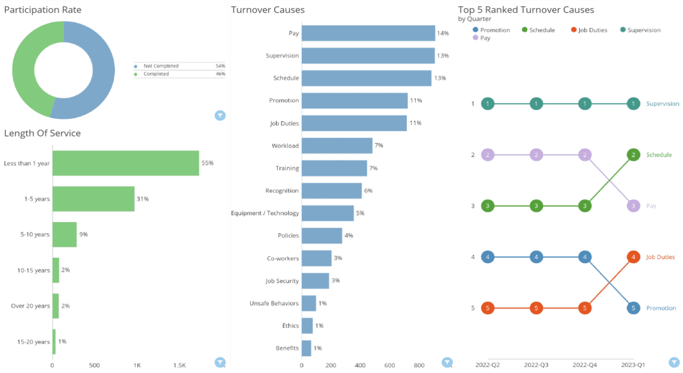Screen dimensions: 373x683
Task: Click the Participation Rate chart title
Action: click(43, 10)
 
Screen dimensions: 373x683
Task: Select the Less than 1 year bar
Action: click(125, 163)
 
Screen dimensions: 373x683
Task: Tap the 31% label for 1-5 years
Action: click(142, 199)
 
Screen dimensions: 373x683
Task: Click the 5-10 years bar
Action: click(65, 234)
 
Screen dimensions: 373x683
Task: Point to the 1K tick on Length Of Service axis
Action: click(137, 366)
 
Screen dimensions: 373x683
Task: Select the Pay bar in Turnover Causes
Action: click(368, 33)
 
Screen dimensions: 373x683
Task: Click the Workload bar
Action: click(337, 146)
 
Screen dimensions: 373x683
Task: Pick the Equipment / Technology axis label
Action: click(265, 213)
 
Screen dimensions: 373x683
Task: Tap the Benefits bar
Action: click(306, 348)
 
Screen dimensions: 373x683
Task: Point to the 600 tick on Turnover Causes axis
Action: click(390, 366)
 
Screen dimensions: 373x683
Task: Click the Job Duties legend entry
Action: click(592, 30)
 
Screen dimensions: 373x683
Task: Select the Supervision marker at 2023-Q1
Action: click(633, 104)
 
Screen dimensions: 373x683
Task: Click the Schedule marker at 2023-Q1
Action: click(633, 155)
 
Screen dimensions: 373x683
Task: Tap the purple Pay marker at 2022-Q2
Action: click(488, 155)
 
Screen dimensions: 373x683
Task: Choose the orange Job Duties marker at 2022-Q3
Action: click(536, 308)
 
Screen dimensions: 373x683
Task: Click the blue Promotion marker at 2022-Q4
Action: click(585, 257)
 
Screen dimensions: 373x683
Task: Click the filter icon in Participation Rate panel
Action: click(220, 115)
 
